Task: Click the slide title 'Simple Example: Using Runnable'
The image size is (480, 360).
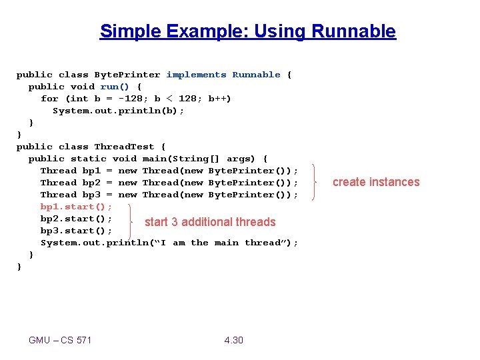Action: pos(247,31)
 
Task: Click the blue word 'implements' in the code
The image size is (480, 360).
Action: pos(196,75)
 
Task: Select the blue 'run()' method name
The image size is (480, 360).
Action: pos(115,87)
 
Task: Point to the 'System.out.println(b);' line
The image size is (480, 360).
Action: pos(118,111)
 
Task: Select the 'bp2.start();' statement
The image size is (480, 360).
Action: pos(76,219)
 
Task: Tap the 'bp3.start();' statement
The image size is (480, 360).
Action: pos(76,231)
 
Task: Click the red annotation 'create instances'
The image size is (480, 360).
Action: pos(376,182)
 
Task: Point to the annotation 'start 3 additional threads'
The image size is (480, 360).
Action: pos(210,222)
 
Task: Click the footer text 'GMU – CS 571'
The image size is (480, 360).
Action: pos(60,340)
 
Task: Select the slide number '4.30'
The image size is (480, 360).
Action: pos(234,340)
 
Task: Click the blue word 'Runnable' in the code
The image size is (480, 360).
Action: pos(256,75)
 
